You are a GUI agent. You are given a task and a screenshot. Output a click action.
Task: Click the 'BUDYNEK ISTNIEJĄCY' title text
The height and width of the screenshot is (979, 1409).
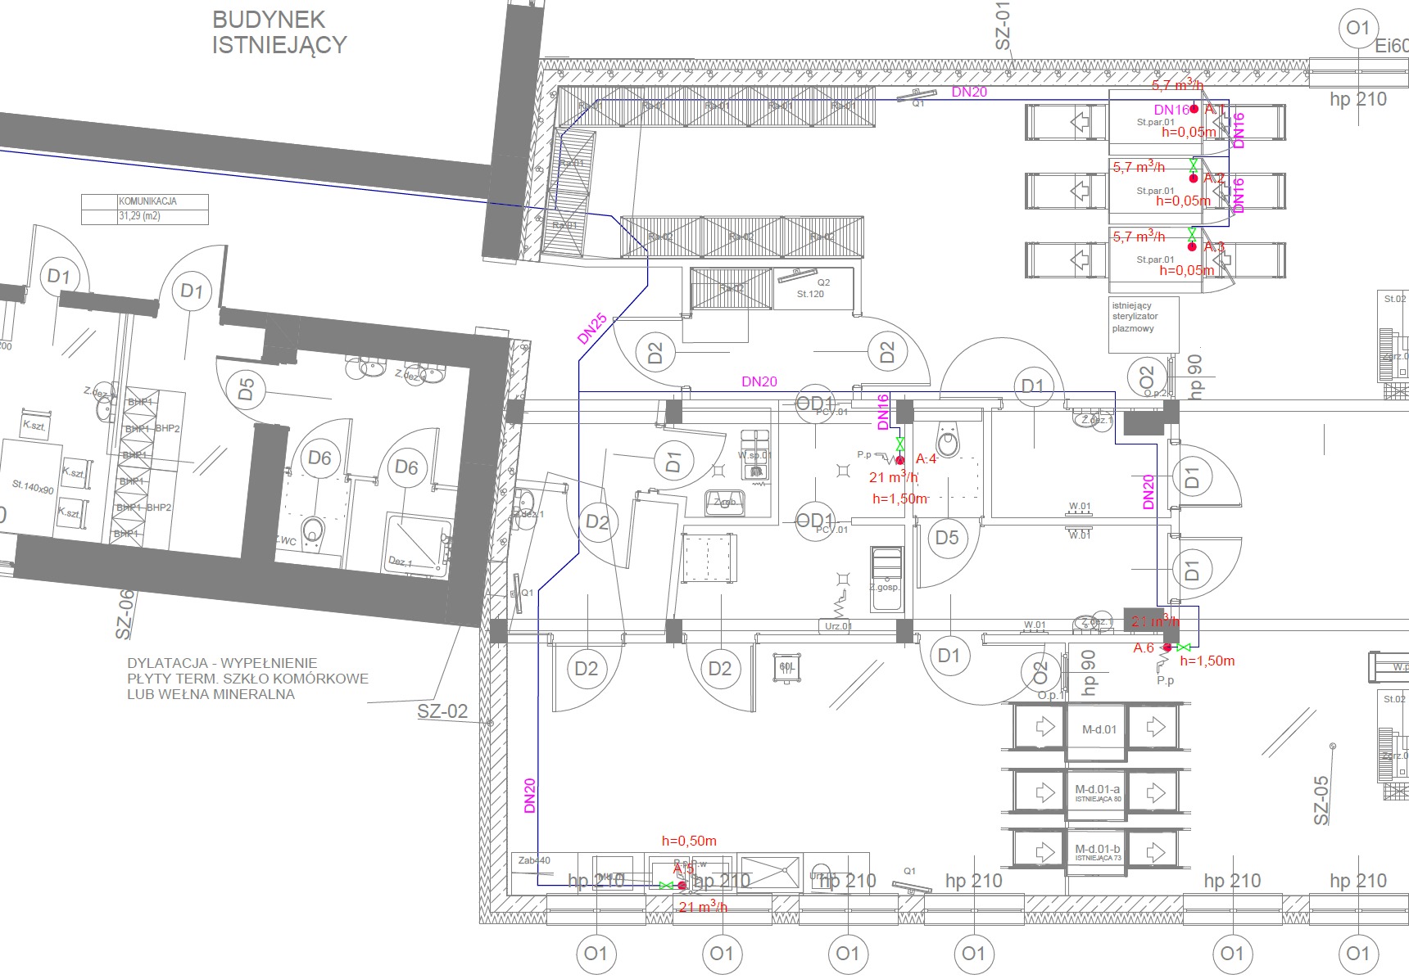(x=279, y=32)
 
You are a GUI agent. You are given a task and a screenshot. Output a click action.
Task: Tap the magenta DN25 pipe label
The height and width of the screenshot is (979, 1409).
(x=591, y=328)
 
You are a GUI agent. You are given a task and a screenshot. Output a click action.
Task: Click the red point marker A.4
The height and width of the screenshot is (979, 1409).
(x=899, y=460)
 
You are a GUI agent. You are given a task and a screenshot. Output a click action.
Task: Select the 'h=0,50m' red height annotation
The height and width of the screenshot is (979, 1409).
(x=689, y=841)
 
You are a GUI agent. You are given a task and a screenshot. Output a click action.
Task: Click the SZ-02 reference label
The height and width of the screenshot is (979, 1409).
(x=442, y=711)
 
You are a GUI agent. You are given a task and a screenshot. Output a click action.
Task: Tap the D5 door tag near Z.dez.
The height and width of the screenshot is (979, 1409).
(x=246, y=388)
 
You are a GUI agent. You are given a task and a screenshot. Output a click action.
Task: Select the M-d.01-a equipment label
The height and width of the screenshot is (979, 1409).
(x=1098, y=791)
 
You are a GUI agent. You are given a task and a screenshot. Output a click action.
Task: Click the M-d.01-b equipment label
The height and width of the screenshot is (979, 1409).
(x=1098, y=850)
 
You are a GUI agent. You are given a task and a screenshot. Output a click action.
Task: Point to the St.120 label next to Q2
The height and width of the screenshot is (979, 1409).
(x=810, y=294)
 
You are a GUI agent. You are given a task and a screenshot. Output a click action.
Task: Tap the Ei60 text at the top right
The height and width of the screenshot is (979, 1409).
(x=1391, y=46)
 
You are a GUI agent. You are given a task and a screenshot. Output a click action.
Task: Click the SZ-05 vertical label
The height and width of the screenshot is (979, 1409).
(x=1321, y=800)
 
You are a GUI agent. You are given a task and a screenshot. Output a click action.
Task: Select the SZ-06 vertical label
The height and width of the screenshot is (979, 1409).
(x=124, y=613)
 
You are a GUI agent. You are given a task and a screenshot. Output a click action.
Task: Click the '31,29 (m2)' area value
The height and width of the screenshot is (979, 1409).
(x=139, y=216)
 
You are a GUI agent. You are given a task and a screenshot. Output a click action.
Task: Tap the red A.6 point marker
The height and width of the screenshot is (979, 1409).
(x=1167, y=647)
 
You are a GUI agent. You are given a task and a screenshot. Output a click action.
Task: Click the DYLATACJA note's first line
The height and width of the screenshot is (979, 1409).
(x=222, y=663)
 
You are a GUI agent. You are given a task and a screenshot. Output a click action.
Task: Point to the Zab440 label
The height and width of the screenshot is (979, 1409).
(x=534, y=860)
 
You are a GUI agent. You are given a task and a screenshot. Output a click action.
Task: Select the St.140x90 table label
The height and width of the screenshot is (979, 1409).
(x=33, y=487)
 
